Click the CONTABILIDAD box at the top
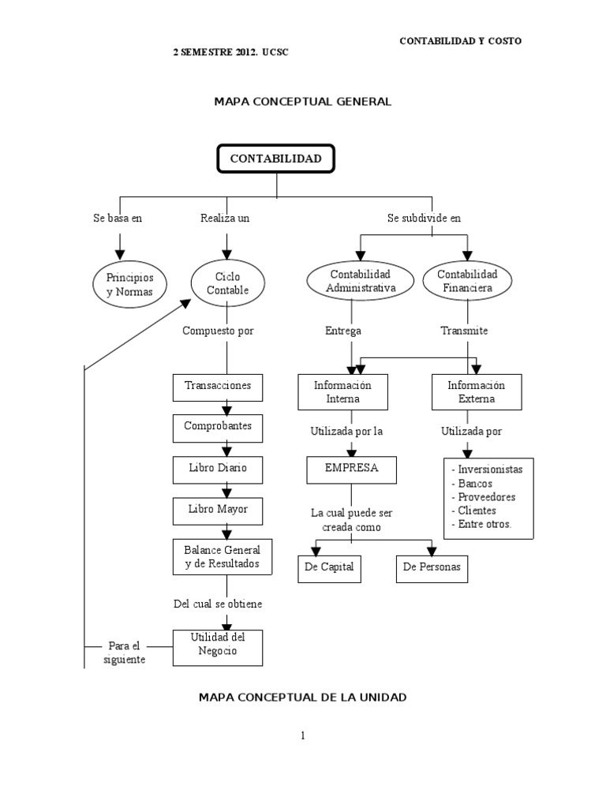(x=275, y=159)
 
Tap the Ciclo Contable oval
(x=227, y=284)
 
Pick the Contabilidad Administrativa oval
(x=360, y=281)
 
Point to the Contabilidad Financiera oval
(x=467, y=281)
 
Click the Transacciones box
(x=218, y=386)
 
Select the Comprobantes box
(x=218, y=426)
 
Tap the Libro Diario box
(x=218, y=468)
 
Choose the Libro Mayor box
(x=218, y=510)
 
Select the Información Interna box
(x=342, y=392)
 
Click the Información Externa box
(x=477, y=392)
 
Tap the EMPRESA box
(x=352, y=468)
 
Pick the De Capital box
(x=329, y=567)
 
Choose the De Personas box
(x=432, y=567)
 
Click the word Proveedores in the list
(x=483, y=497)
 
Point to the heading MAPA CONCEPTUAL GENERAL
(x=303, y=101)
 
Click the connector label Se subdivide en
(x=424, y=219)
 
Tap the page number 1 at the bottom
(x=302, y=735)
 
